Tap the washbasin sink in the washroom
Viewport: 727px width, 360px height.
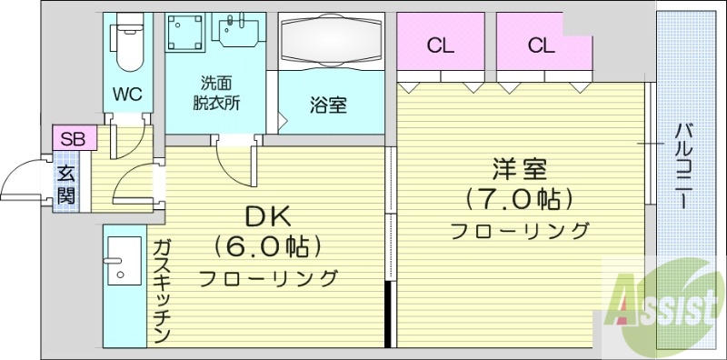[238, 30]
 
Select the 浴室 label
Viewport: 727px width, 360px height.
[328, 105]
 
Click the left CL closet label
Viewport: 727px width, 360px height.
[441, 45]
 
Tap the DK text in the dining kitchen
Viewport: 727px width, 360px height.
[268, 216]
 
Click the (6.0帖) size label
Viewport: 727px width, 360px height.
[269, 246]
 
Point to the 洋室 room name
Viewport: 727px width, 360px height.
[520, 169]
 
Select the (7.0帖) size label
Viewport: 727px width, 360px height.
[520, 198]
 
